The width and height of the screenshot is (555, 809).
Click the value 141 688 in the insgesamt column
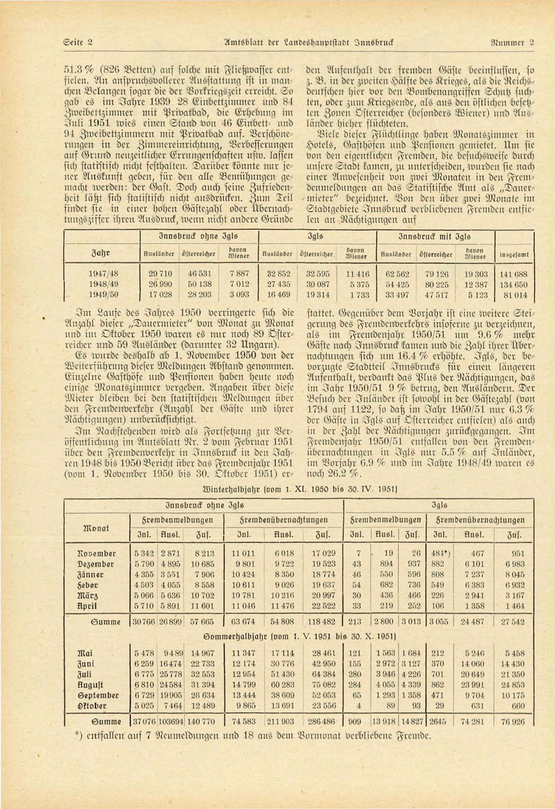pos(513,274)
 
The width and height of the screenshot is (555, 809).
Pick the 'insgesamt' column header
pos(514,255)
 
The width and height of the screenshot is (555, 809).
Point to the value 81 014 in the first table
pos(514,294)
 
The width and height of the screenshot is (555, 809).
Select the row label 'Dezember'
pos(97,564)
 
